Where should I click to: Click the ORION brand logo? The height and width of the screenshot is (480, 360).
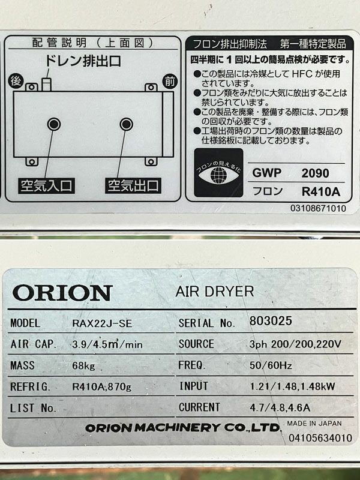point(62,293)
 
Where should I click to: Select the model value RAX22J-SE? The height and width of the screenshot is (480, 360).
point(102,323)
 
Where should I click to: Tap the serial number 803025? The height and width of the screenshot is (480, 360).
point(271,321)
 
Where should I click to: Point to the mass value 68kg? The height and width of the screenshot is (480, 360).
point(83,366)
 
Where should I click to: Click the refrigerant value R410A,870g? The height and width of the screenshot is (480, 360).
point(101,386)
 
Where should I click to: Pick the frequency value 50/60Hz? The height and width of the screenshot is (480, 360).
point(271,365)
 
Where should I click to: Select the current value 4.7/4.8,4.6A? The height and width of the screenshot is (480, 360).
point(280,407)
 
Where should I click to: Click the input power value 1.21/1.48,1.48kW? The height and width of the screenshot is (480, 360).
point(292,386)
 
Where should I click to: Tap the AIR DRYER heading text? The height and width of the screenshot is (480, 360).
point(215,292)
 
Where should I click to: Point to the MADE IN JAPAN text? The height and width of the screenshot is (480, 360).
point(314,424)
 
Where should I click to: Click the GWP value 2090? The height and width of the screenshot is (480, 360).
point(316,173)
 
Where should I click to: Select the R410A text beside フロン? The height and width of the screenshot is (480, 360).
point(321,192)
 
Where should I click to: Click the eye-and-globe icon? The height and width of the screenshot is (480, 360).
point(218,173)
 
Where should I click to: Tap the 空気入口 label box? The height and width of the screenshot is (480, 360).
point(46,185)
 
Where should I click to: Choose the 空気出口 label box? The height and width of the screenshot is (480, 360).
point(133,185)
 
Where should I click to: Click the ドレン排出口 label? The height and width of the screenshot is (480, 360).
point(83,61)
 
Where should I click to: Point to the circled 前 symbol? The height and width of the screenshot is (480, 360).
point(170,82)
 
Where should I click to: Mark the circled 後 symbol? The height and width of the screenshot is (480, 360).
point(16,81)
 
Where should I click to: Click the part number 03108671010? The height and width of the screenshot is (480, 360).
point(319,208)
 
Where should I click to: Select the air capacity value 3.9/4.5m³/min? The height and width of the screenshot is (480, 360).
point(107,344)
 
